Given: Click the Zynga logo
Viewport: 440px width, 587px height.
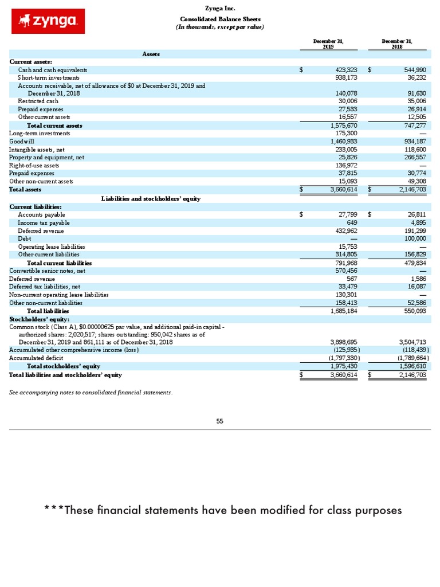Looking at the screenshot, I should tap(48, 21).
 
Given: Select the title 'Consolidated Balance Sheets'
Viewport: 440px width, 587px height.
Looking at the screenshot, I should tap(220, 19).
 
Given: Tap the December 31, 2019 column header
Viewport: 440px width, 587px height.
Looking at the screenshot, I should tap(328, 44).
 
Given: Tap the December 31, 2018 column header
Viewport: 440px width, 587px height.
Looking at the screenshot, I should tap(397, 44).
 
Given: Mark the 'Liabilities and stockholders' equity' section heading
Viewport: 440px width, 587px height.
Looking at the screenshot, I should tap(151, 198).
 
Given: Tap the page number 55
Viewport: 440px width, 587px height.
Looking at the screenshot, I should tap(219, 421).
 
